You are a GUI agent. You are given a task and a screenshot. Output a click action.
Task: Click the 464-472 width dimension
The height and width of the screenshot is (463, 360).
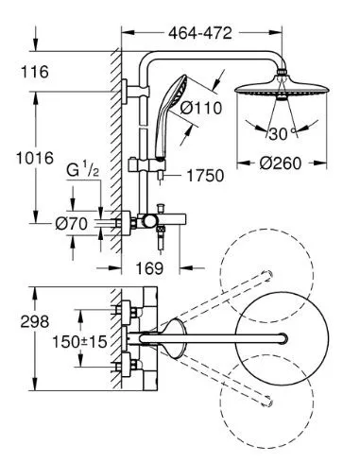point(200,33)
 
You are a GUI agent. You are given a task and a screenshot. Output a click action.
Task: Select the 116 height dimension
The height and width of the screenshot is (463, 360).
point(35,72)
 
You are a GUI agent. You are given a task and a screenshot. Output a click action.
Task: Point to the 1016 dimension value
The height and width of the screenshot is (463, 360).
point(35,158)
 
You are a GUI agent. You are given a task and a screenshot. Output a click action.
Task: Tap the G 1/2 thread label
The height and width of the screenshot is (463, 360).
point(83,171)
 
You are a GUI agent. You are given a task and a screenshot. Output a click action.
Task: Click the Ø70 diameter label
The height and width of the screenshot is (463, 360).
point(71,224)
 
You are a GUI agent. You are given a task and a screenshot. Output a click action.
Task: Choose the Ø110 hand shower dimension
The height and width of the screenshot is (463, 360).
point(201,109)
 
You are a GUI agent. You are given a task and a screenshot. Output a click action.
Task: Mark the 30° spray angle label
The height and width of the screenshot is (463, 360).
point(282,134)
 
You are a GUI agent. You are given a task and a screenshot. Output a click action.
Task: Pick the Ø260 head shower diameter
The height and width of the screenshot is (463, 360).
point(281,163)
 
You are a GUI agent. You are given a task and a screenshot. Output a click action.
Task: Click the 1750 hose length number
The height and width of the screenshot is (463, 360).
point(205,176)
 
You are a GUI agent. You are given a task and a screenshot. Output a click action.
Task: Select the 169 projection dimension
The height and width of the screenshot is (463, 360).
point(149,268)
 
